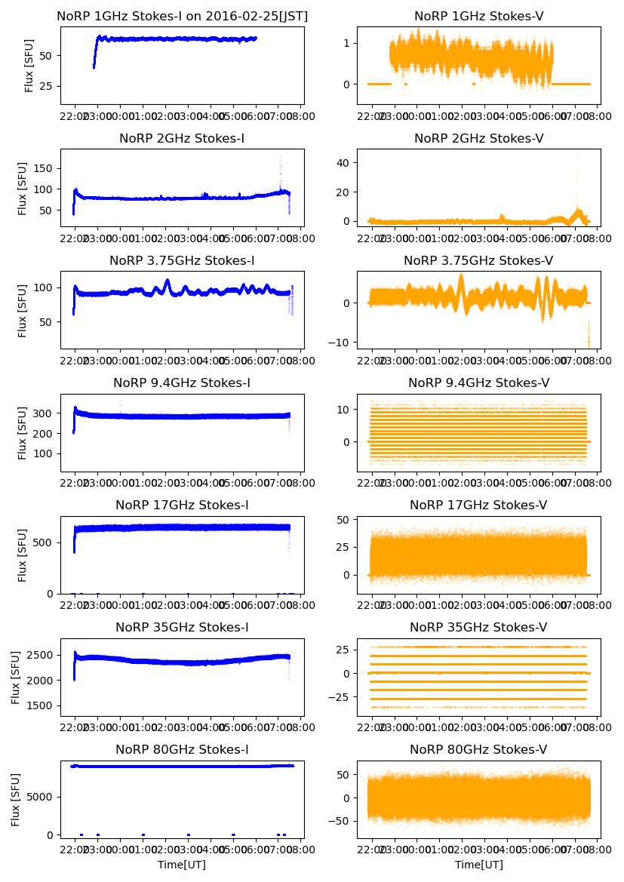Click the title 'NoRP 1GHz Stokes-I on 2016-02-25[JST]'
click(x=182, y=16)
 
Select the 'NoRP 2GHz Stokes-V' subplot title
click(x=478, y=138)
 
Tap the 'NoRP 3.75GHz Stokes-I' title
click(x=182, y=261)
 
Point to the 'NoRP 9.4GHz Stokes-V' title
click(x=478, y=383)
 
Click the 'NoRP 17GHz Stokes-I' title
click(x=182, y=505)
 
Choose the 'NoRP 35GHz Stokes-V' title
click(x=478, y=627)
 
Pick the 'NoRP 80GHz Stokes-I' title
click(x=182, y=749)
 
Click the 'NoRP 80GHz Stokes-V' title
click(x=478, y=749)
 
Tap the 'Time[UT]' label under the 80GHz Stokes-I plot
click(x=182, y=865)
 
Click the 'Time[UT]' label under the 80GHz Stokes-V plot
click(x=478, y=865)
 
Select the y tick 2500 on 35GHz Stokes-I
click(x=38, y=655)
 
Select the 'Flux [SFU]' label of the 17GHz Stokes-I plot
click(x=23, y=555)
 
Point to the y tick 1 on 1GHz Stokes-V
click(x=347, y=43)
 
